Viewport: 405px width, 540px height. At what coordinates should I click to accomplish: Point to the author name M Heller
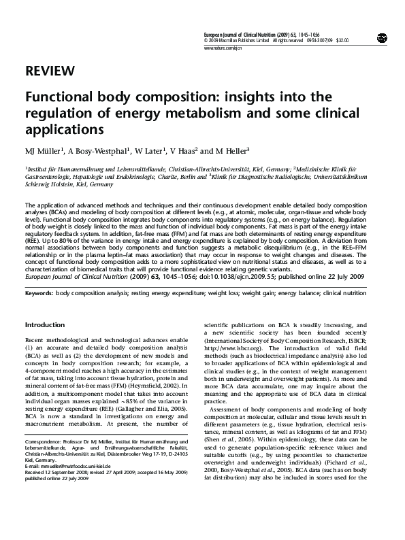pyautogui.click(x=231, y=150)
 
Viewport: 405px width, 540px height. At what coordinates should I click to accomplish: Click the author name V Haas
pyautogui.click(x=184, y=150)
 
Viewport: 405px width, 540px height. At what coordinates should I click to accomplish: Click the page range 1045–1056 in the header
pyautogui.click(x=317, y=33)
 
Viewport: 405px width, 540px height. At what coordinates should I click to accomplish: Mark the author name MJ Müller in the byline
pyautogui.click(x=44, y=150)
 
